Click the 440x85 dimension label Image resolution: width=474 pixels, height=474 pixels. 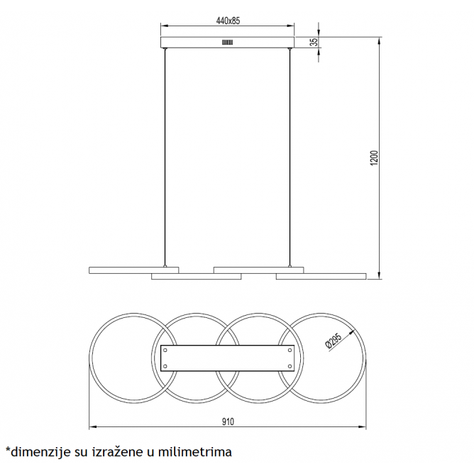[x=228, y=21]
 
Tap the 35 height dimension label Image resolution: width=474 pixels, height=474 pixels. [x=314, y=42]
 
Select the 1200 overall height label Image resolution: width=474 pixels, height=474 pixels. [x=374, y=158]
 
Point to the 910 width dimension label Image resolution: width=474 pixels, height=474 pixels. [x=228, y=421]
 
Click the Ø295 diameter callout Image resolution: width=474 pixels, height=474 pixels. [x=333, y=341]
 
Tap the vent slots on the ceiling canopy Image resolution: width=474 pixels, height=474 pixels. [x=228, y=43]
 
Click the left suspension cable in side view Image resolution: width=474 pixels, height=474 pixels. [x=165, y=158]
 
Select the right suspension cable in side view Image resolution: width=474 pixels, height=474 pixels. [x=290, y=158]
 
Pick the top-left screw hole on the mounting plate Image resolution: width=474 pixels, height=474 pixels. [x=165, y=350]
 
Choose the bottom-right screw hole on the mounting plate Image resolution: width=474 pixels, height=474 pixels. [x=290, y=366]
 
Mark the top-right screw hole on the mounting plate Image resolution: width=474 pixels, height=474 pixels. [x=290, y=350]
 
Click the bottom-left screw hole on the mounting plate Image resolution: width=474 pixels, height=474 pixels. [x=165, y=366]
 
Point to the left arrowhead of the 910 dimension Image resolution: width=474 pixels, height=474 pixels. [x=93, y=427]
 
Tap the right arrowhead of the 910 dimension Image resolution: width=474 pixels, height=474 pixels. [x=362, y=427]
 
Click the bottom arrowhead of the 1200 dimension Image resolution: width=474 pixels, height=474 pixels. [x=380, y=275]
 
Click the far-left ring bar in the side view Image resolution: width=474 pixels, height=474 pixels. [x=134, y=270]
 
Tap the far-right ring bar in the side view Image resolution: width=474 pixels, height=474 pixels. [x=321, y=276]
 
